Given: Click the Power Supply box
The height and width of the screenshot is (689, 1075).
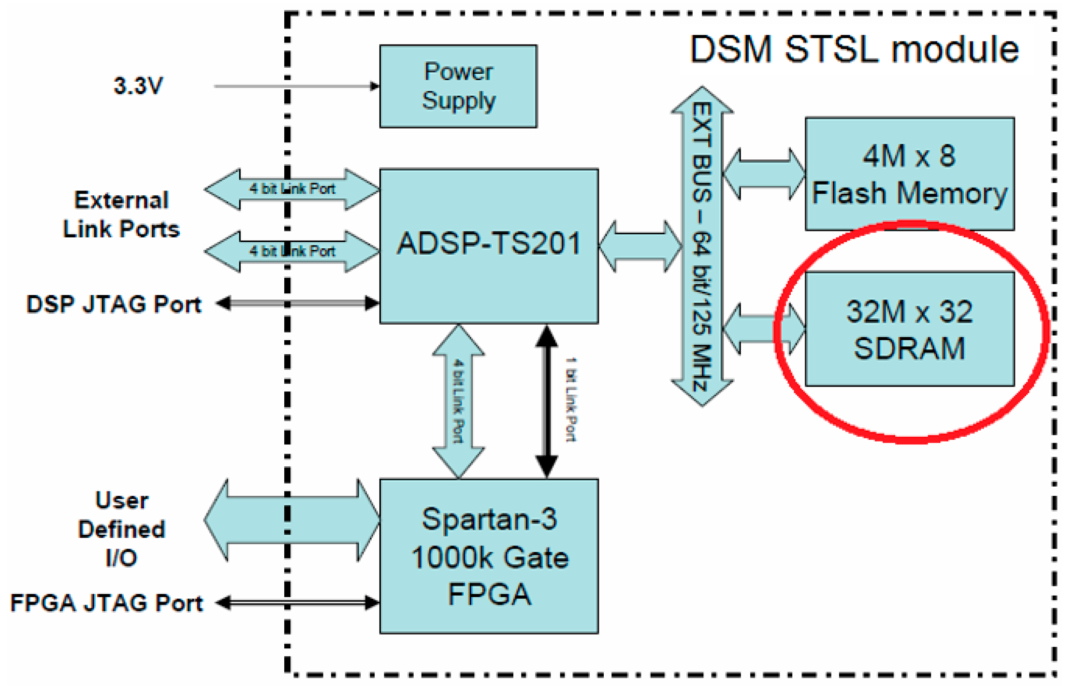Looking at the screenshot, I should tap(458, 86).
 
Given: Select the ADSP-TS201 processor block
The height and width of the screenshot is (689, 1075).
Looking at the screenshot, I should tap(489, 245).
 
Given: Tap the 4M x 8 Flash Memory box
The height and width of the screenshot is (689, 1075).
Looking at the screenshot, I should tap(909, 173).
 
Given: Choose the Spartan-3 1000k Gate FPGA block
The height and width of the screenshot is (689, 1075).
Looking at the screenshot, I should tap(489, 556).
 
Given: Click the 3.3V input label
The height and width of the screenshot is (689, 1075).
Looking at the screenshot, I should tap(138, 86).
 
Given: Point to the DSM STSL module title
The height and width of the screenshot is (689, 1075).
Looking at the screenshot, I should tap(854, 49).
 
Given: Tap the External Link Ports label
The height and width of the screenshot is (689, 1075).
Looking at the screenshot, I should tap(121, 215).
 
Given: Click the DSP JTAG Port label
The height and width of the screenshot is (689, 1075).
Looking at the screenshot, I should tap(114, 304).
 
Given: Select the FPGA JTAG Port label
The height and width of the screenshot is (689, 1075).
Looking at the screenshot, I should tap(107, 603).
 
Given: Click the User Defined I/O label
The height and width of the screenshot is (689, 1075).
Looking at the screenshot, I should tap(121, 529).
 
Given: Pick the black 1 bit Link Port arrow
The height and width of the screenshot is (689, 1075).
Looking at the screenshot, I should tap(547, 401).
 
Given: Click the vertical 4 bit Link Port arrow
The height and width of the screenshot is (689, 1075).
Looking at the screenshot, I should tap(458, 401).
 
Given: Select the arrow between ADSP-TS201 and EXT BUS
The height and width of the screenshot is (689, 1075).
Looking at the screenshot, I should tap(640, 246).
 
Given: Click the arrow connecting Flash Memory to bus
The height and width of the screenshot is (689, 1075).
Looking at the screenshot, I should tap(764, 173).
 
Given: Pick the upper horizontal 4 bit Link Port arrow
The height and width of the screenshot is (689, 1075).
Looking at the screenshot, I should tap(292, 189).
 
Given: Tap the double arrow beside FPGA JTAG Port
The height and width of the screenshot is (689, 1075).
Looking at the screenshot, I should tap(298, 603).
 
